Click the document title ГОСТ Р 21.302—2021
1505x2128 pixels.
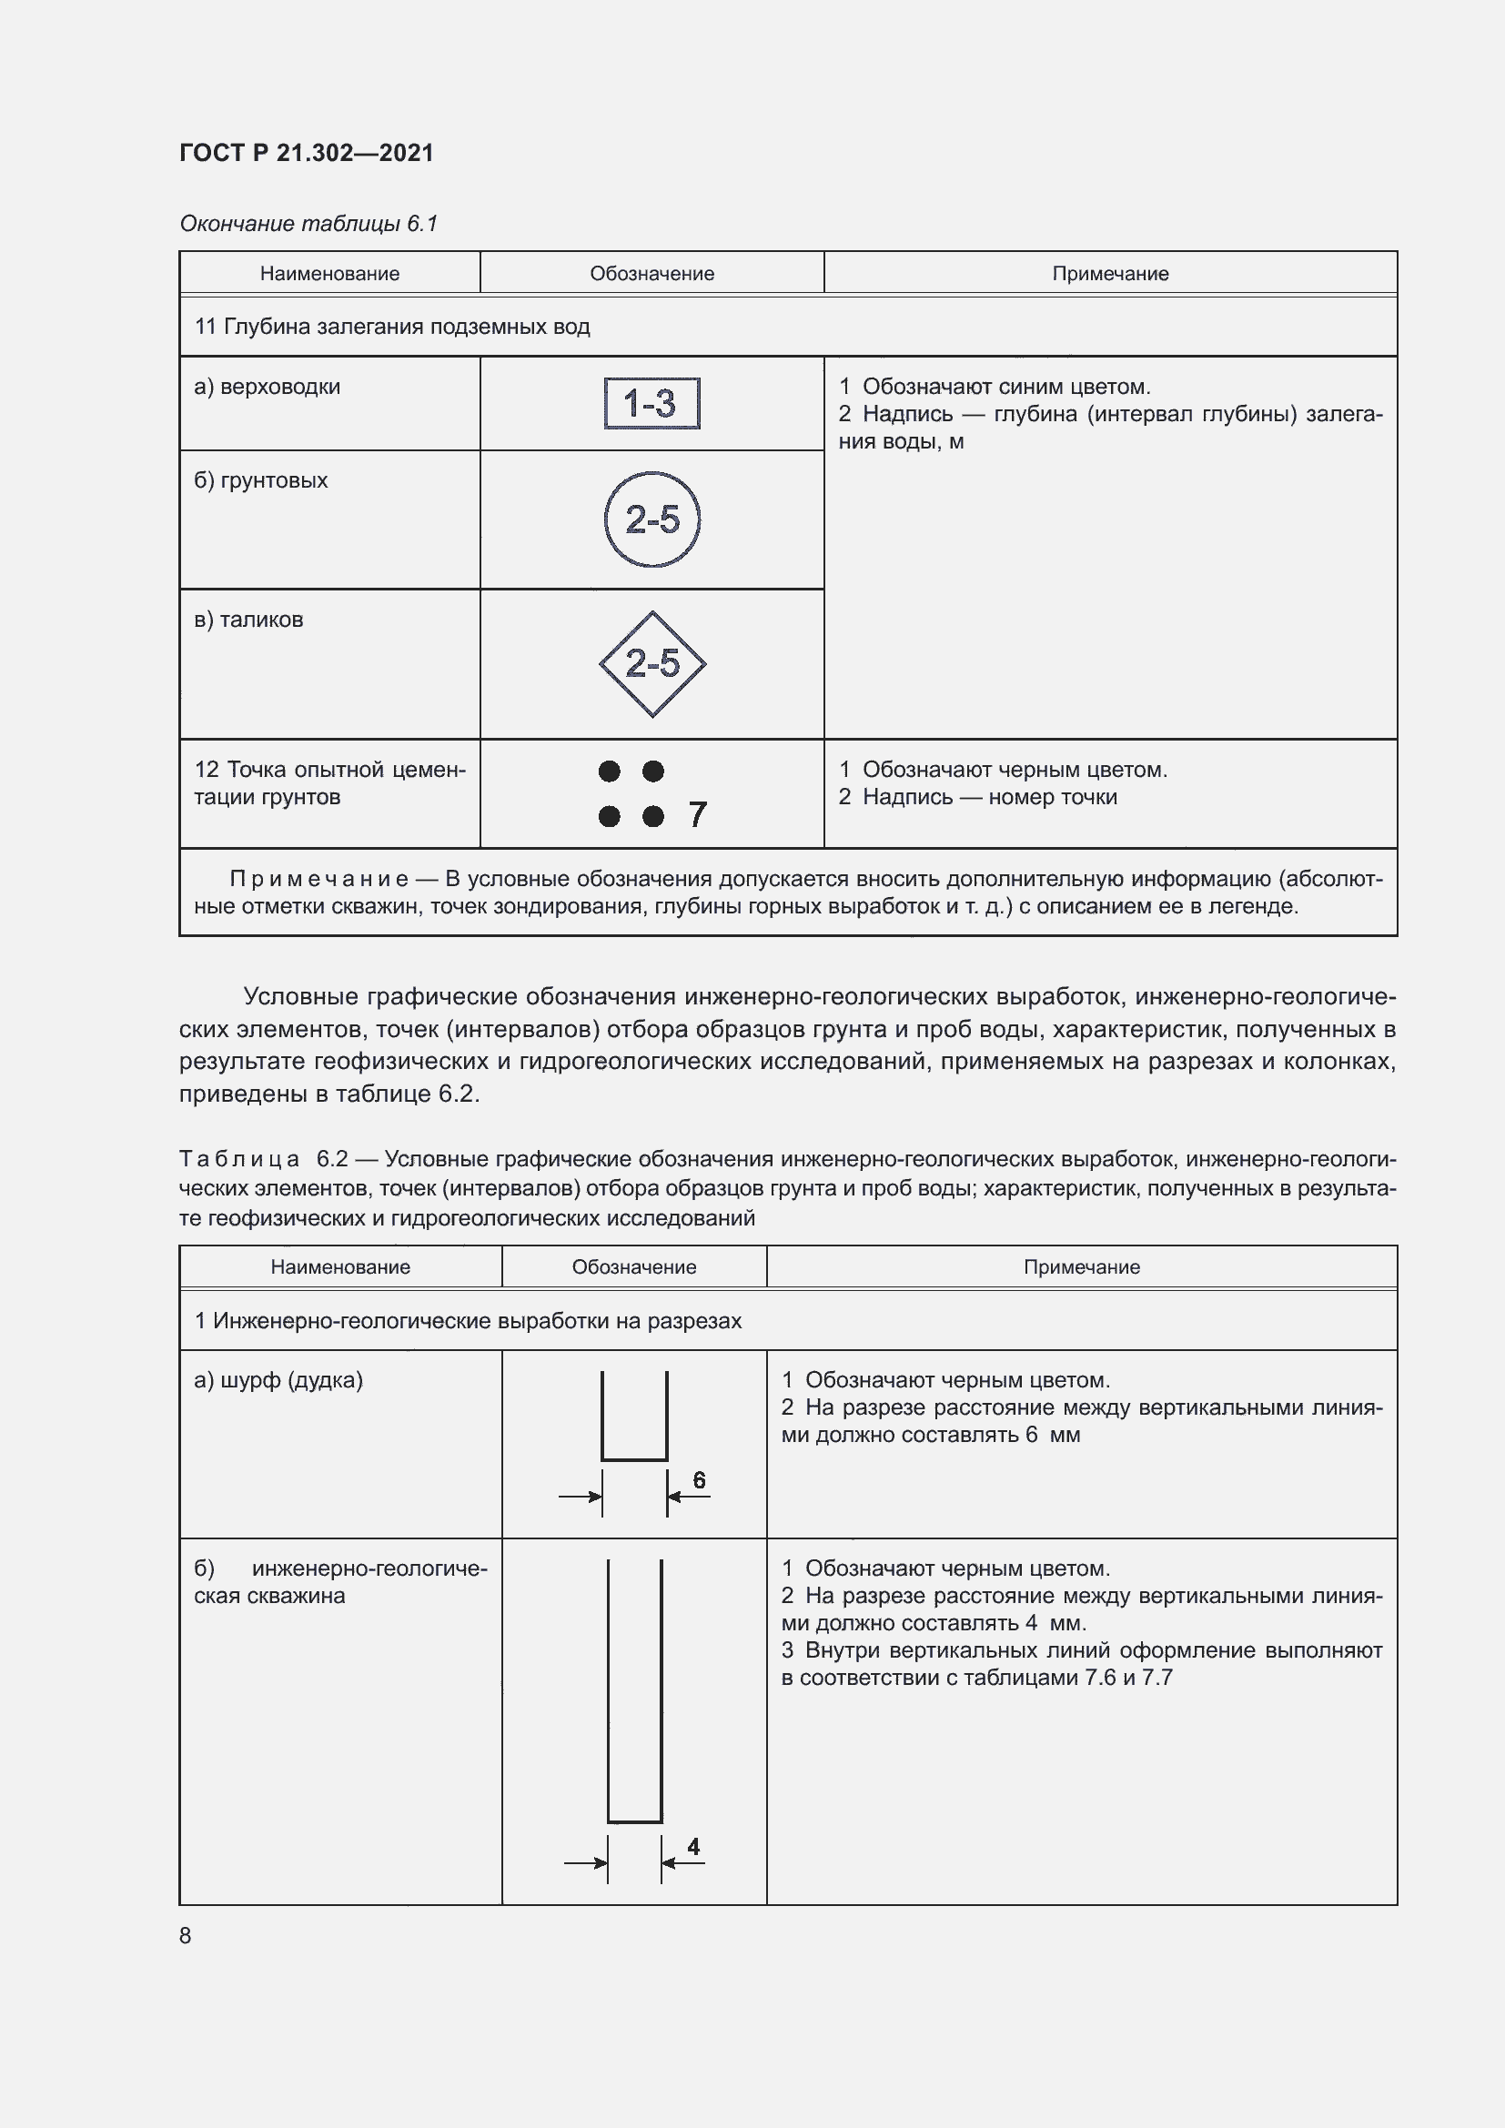[306, 153]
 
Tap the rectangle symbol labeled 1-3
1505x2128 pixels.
[651, 404]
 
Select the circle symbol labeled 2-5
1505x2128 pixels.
[651, 519]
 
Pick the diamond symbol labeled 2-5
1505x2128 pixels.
[651, 663]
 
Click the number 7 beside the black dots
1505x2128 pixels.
[698, 814]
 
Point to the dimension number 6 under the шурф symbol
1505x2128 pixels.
[699, 1480]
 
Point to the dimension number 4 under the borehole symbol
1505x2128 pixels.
[693, 1846]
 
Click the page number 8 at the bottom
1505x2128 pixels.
[186, 1935]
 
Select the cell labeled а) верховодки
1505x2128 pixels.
[267, 388]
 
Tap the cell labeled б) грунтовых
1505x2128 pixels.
[260, 481]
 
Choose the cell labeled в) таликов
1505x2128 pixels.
[248, 620]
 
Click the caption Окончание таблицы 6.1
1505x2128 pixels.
[308, 225]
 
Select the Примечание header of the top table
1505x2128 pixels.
[1109, 274]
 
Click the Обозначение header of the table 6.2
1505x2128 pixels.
[634, 1267]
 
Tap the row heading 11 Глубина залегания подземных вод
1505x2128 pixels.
[392, 328]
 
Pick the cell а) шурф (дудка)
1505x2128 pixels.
[278, 1380]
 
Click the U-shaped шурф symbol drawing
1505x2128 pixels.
[635, 1418]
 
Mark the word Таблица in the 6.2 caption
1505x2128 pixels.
[239, 1159]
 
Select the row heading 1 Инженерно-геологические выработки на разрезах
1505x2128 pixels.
[468, 1321]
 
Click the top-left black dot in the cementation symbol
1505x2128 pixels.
[609, 772]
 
